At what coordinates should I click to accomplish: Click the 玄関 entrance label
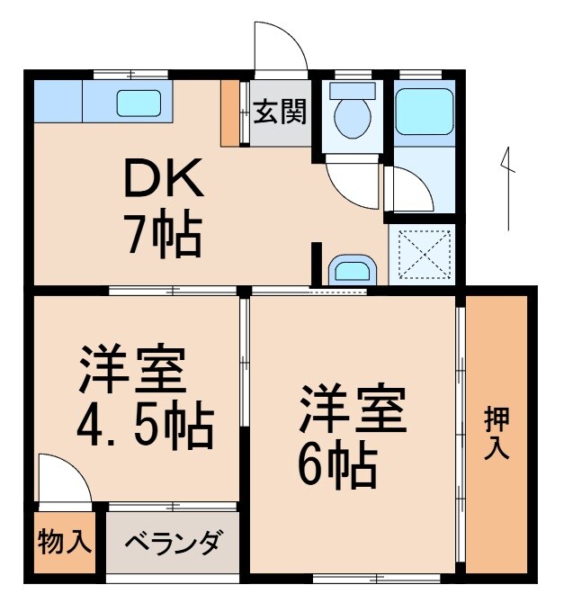[x=280, y=112]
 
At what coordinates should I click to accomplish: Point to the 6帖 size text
[x=337, y=464]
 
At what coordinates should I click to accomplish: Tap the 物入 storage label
[x=65, y=543]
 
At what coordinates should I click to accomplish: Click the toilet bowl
[x=352, y=118]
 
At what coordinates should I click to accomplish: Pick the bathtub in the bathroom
[x=425, y=111]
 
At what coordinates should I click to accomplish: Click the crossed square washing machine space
[x=423, y=254]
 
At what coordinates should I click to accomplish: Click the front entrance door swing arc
[x=279, y=45]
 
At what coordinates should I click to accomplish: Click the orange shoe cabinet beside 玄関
[x=230, y=112]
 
